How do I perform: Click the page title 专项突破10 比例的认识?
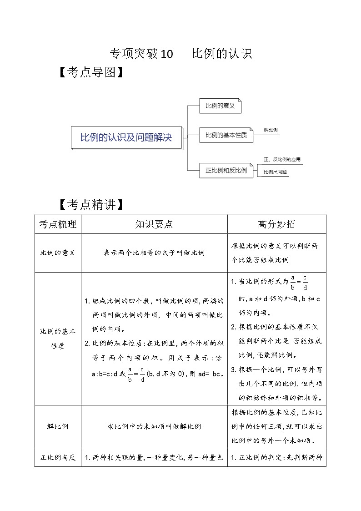pyautogui.click(x=180, y=54)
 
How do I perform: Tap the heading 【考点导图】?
pyautogui.click(x=91, y=73)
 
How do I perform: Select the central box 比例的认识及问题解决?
pyautogui.click(x=126, y=137)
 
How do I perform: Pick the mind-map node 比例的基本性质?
pyautogui.click(x=226, y=135)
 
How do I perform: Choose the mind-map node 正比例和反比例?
pyautogui.click(x=226, y=171)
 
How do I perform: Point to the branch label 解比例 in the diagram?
pyautogui.click(x=271, y=130)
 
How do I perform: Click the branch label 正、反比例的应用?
pyautogui.click(x=282, y=160)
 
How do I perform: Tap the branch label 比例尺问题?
pyautogui.click(x=276, y=172)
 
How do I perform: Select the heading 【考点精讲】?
pyautogui.click(x=91, y=205)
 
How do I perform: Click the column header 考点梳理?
pyautogui.click(x=58, y=224)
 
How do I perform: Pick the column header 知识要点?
pyautogui.click(x=154, y=224)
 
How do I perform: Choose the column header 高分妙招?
pyautogui.click(x=276, y=224)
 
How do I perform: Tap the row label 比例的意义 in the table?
pyautogui.click(x=58, y=253)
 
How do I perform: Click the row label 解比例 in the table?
pyautogui.click(x=58, y=426)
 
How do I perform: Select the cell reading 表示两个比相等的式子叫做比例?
pyautogui.click(x=154, y=253)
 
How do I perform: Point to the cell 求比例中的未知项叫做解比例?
pyautogui.click(x=154, y=426)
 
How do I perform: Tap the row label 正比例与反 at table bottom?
pyautogui.click(x=58, y=458)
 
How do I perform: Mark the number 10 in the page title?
pyautogui.click(x=167, y=54)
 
